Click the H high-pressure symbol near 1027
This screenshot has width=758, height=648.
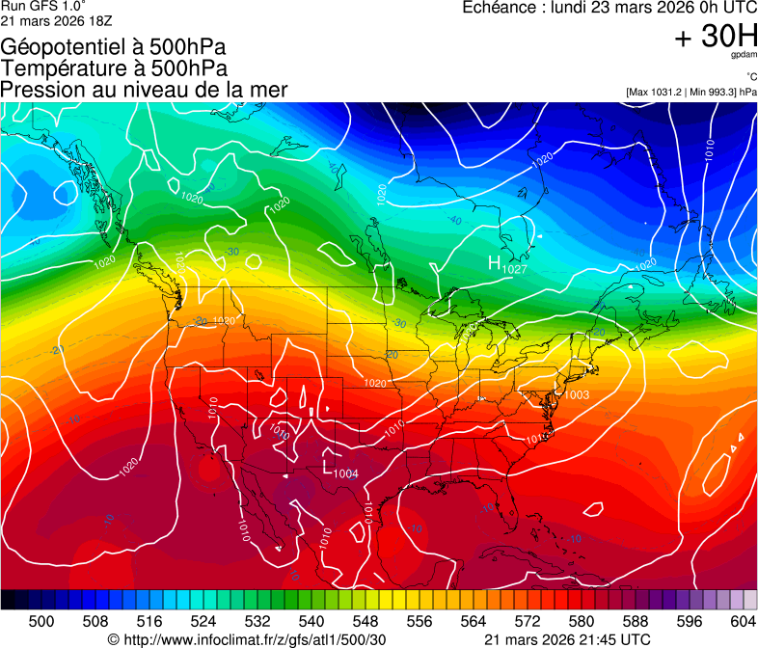pos(494,262)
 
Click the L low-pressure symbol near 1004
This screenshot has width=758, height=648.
pos(328,467)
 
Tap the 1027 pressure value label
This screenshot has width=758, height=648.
pos(514,270)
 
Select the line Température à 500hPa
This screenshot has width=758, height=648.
pos(114,67)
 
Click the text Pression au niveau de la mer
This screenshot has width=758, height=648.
pos(144,90)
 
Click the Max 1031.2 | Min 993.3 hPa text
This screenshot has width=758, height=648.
pos(690,92)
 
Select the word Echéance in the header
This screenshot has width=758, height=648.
pos(500,8)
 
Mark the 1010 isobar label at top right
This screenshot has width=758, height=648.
pos(709,149)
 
